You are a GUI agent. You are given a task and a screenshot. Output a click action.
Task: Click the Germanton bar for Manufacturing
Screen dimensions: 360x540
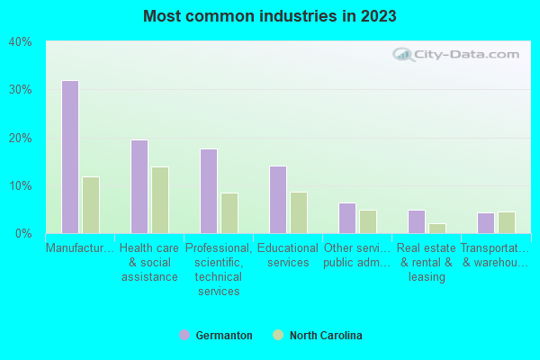point(70,157)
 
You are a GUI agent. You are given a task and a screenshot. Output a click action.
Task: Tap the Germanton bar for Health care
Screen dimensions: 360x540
point(139,186)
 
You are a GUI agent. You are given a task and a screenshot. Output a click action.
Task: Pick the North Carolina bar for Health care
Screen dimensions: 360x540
point(160,200)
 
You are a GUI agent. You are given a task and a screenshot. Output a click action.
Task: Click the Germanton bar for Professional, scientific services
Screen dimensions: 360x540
point(209,191)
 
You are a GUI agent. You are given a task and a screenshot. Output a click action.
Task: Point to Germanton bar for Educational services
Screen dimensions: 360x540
point(278,200)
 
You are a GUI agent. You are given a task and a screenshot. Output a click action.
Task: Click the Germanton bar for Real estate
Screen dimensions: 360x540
point(417,222)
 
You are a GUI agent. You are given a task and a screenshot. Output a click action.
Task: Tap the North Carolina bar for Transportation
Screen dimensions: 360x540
point(507,223)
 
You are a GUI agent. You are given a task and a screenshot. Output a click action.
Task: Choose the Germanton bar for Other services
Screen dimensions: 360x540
point(347,219)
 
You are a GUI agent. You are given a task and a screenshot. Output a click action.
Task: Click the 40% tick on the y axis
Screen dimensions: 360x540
point(21,41)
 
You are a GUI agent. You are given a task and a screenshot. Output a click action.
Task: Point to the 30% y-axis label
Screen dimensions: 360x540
point(21,90)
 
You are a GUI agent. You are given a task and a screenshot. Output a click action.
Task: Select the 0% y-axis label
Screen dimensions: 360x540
point(23,234)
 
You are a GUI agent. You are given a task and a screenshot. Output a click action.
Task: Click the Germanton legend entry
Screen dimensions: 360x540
point(216,336)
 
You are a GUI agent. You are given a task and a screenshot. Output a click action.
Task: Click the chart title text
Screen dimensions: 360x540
point(269,16)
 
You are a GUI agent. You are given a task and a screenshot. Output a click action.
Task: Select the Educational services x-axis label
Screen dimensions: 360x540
point(288,256)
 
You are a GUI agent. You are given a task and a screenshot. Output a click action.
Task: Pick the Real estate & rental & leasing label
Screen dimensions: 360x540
point(427,263)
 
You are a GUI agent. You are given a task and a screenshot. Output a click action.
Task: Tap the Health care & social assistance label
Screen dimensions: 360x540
point(149,263)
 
